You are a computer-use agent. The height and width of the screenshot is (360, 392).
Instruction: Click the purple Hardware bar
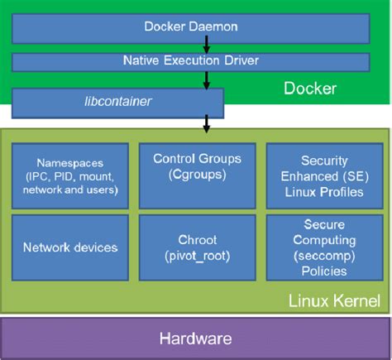click(x=196, y=338)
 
